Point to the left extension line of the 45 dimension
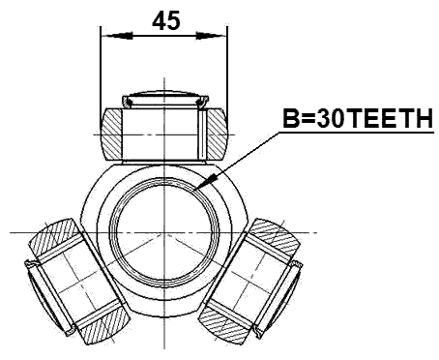[101, 68]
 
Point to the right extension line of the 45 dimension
[229, 68]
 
